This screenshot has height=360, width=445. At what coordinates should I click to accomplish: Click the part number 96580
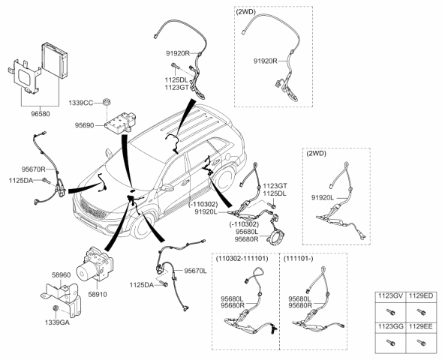41,114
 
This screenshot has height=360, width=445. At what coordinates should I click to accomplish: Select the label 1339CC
80,103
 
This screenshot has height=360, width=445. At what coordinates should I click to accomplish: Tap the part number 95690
84,125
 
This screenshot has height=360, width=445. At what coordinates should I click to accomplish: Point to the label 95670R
34,169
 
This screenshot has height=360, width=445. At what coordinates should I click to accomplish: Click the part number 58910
98,295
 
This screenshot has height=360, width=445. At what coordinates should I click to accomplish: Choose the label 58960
61,275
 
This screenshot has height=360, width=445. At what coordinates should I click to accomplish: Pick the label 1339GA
57,322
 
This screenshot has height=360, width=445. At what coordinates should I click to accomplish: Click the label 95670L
196,271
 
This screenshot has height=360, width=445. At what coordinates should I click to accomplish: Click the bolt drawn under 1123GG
390,343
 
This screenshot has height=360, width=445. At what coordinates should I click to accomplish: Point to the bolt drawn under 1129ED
421,312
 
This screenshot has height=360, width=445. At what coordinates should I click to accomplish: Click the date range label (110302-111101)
242,259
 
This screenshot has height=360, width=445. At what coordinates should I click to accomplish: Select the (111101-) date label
298,259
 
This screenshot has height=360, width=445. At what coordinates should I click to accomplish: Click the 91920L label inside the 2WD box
323,198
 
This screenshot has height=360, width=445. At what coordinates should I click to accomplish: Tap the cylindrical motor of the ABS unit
86,271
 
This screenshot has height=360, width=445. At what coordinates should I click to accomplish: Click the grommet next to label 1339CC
107,101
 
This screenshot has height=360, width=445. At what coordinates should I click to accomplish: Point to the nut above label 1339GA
56,308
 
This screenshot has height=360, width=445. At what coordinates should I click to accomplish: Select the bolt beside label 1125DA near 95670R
46,180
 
